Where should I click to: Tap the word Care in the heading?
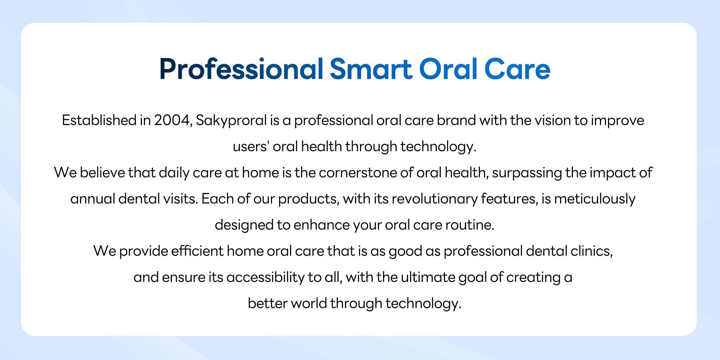[x=517, y=69]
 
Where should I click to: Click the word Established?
[x=99, y=120]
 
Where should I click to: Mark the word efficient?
[x=197, y=251]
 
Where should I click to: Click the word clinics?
[x=591, y=251]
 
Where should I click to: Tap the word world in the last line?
[x=309, y=303]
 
